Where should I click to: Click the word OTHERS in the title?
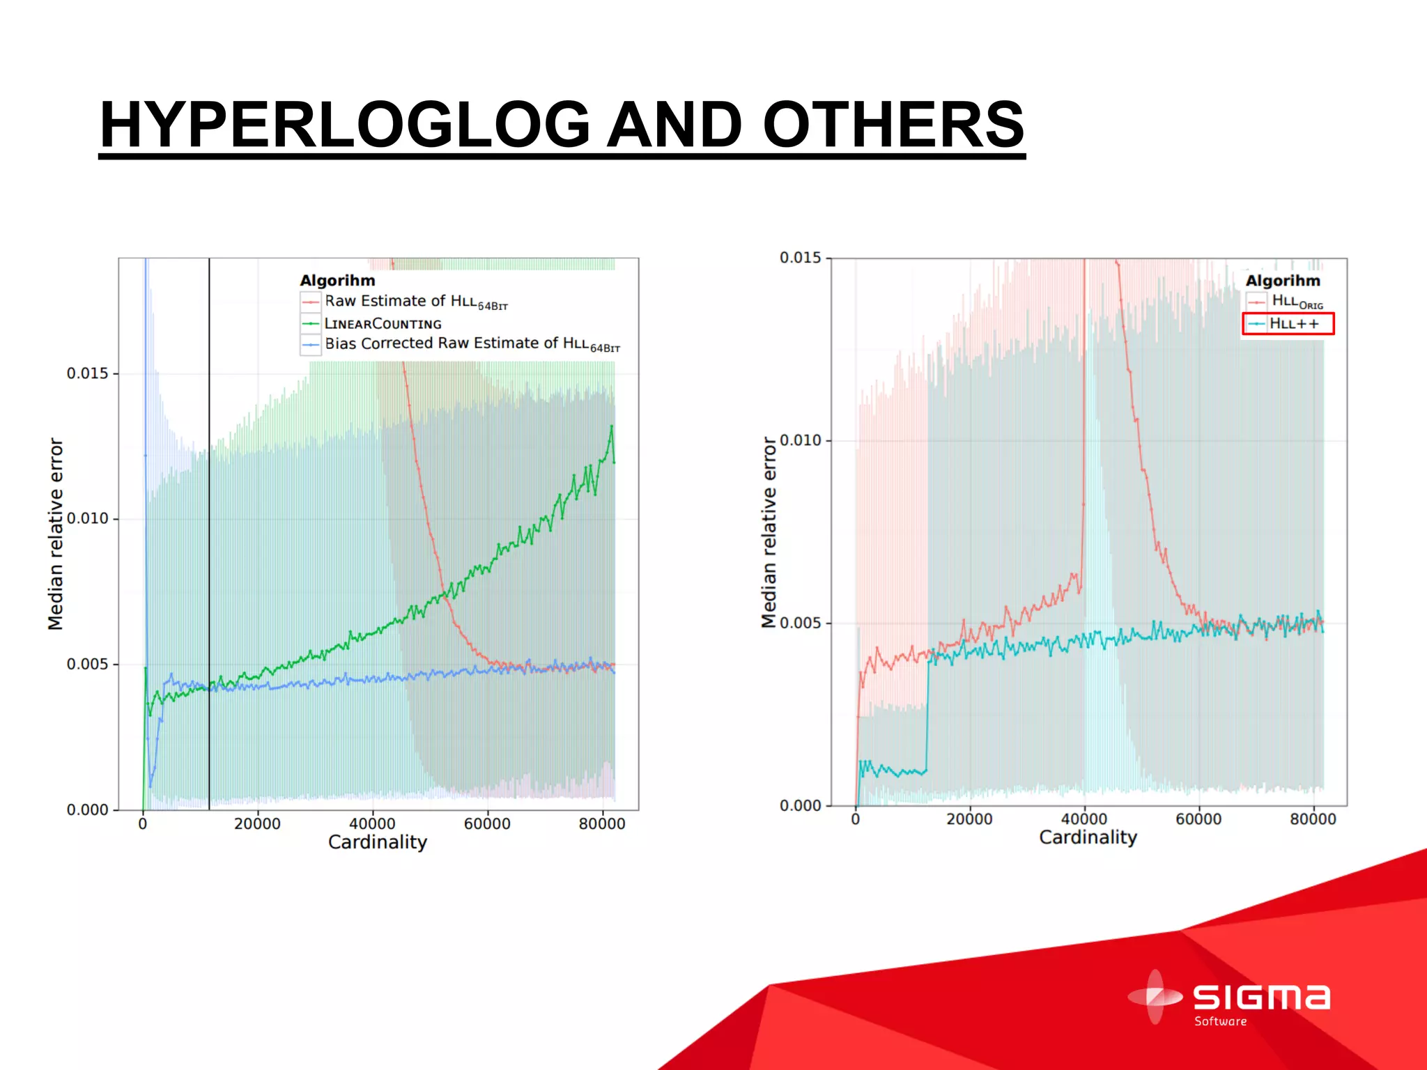coord(893,125)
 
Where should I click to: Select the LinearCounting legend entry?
coord(383,324)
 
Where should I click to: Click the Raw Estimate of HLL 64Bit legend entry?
coord(416,302)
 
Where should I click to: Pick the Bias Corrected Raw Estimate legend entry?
coord(472,344)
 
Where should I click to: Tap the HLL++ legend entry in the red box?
coord(1294,324)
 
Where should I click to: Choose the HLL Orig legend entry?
coord(1297,302)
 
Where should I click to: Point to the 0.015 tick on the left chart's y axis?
coord(88,373)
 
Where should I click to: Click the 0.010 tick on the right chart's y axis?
coord(801,440)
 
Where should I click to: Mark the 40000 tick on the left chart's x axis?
coord(372,823)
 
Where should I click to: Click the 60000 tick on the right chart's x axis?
coord(1198,819)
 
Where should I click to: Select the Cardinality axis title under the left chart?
coord(377,842)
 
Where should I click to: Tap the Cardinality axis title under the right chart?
coord(1088,837)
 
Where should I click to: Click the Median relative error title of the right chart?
coord(769,533)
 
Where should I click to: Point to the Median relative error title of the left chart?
coord(56,534)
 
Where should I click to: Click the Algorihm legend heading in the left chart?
coord(337,281)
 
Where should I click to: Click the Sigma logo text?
coord(1261,998)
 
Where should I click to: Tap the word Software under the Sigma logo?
coord(1220,1022)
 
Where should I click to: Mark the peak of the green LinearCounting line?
coord(612,426)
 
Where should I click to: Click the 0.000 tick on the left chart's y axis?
coord(88,810)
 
